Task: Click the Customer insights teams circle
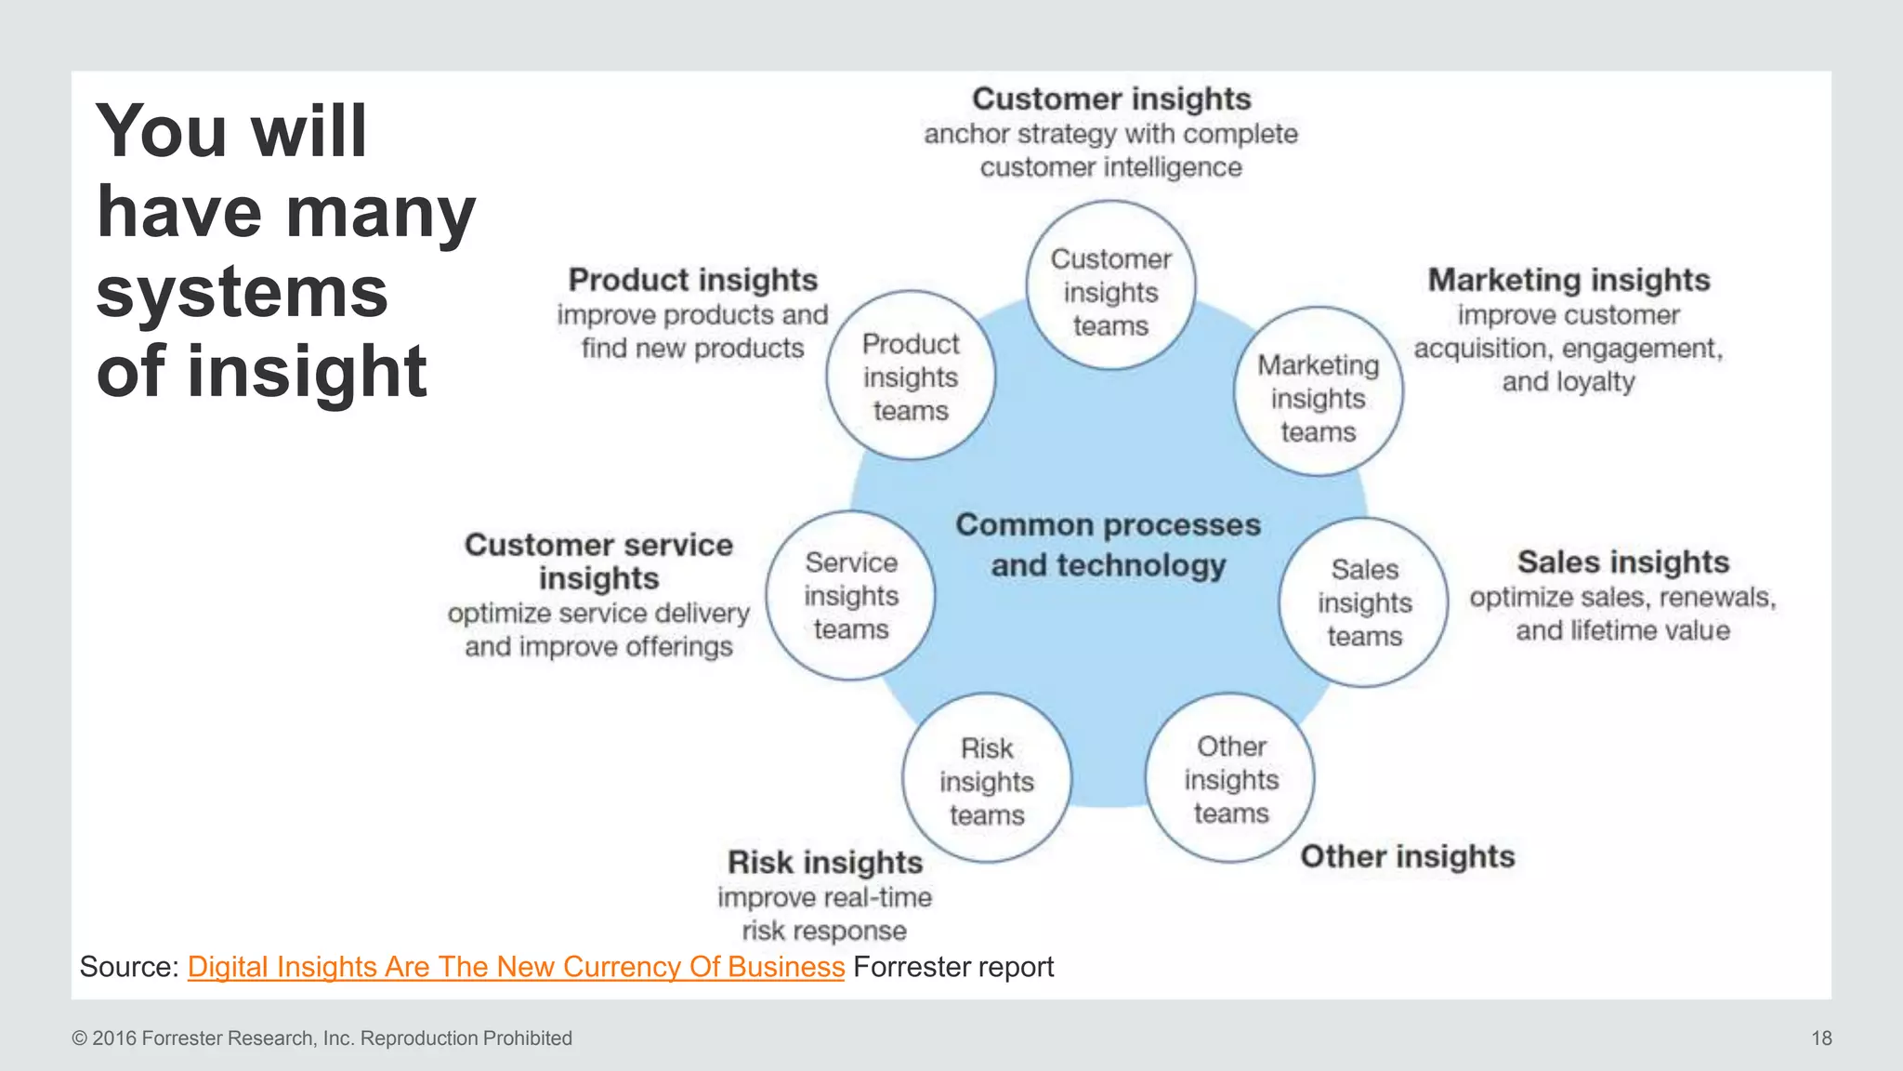tap(1110, 286)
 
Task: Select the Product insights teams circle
tap(911, 376)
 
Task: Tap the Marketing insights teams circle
tap(1318, 392)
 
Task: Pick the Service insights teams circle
tap(850, 596)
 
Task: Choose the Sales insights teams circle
tap(1363, 602)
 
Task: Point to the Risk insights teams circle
tap(986, 779)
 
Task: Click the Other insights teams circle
tap(1230, 778)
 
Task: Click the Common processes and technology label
tap(1108, 545)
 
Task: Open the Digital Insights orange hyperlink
tap(516, 967)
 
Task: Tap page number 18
tap(1821, 1038)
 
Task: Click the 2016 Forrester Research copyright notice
tap(322, 1038)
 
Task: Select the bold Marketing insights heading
tap(1568, 280)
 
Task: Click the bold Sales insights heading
tap(1622, 562)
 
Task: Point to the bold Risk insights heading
tap(824, 863)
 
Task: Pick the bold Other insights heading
tap(1407, 856)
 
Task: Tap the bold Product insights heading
tap(693, 280)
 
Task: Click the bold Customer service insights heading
tap(598, 561)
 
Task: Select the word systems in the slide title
tap(242, 291)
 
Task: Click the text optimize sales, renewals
tap(1622, 598)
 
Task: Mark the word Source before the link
tap(127, 967)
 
